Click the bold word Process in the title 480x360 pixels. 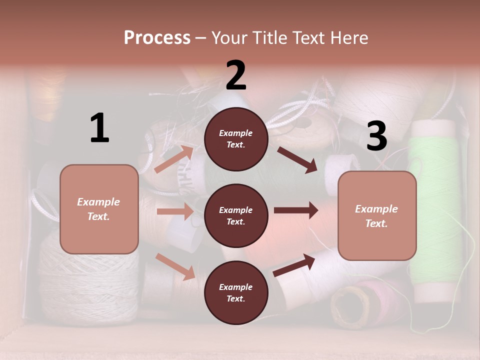click(157, 37)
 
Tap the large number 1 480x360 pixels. click(99, 128)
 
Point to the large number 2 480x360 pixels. click(236, 75)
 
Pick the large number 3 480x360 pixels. click(376, 136)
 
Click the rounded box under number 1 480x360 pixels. click(99, 209)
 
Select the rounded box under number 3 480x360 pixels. click(377, 215)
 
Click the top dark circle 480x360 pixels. click(236, 139)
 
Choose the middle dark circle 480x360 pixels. click(236, 215)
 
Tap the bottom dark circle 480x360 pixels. click(236, 292)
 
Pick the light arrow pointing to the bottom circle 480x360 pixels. click(175, 266)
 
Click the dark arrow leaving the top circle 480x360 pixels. click(297, 159)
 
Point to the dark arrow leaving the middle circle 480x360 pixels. click(296, 210)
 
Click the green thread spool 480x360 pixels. click(433, 210)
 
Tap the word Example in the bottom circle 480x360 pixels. click(236, 287)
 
